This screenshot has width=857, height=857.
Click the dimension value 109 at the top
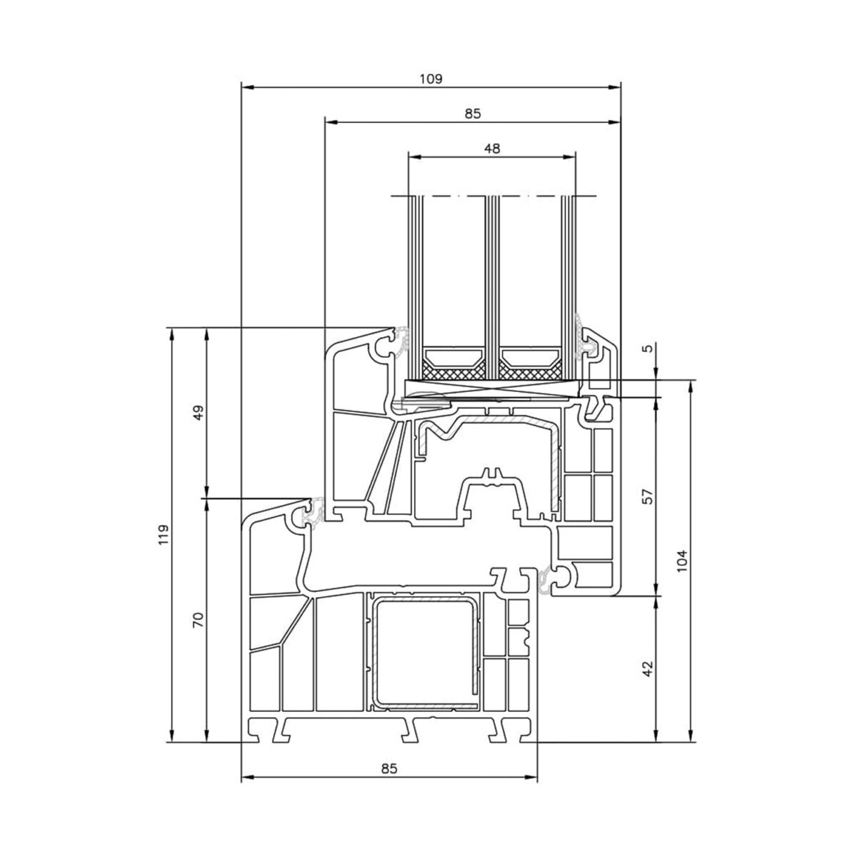click(431, 79)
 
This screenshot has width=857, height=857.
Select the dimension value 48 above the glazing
click(492, 149)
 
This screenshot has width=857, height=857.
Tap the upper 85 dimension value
click(473, 114)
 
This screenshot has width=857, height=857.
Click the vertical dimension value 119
click(164, 535)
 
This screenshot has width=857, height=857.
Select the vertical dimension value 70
click(199, 619)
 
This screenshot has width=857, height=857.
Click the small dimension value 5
click(648, 349)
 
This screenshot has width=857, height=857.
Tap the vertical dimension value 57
click(648, 496)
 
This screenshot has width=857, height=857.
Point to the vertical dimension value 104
click(683, 561)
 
